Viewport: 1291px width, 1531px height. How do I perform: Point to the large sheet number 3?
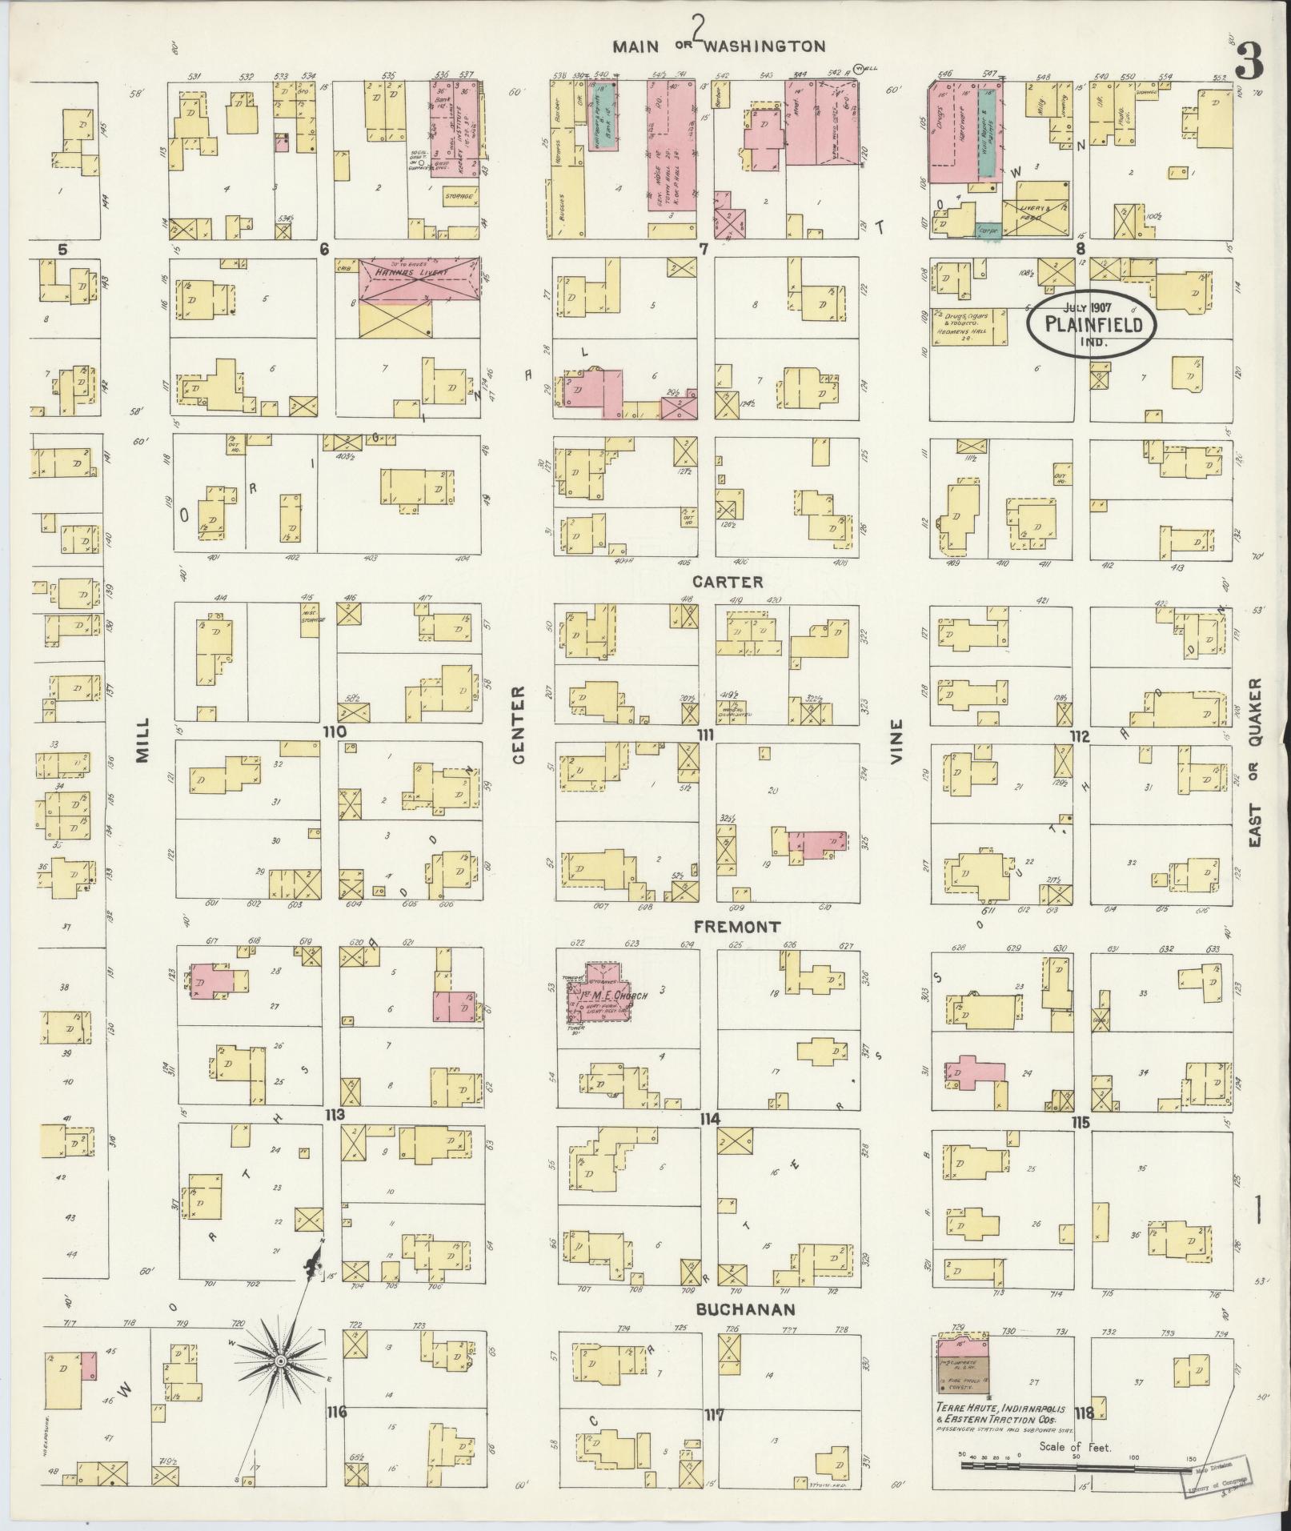[1249, 61]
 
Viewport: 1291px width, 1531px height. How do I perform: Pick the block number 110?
[334, 731]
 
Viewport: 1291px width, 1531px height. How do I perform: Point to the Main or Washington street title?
[719, 46]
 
